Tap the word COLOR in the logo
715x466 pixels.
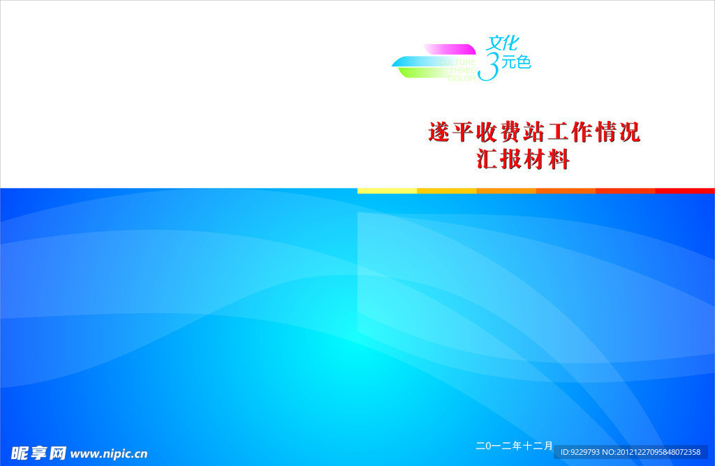tap(462, 78)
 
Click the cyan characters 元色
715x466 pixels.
tap(516, 63)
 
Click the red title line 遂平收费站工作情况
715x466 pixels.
tap(533, 131)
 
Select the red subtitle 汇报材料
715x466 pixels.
tap(523, 159)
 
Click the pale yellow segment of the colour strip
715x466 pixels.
tap(387, 191)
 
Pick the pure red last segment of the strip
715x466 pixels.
tap(685, 191)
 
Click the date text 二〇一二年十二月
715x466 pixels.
tap(515, 445)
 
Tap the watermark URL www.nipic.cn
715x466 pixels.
tap(109, 453)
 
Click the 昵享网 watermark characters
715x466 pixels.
tap(38, 453)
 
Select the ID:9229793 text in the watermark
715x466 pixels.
tap(580, 452)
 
